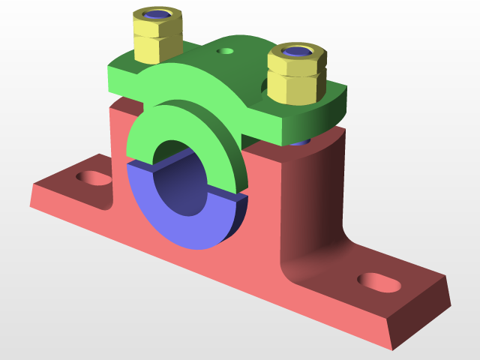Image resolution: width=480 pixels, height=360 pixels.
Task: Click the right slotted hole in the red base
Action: (x=378, y=282)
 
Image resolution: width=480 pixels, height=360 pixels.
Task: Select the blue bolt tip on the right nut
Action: (x=297, y=52)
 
